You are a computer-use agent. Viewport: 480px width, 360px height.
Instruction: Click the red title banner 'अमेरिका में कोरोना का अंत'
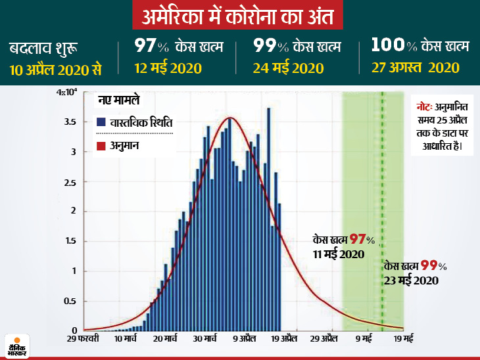pos(239,15)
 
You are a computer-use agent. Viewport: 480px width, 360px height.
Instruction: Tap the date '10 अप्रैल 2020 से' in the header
pos(55,68)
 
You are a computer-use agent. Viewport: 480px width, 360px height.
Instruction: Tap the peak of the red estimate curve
pos(229,118)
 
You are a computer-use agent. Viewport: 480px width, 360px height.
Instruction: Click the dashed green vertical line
pos(382,197)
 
